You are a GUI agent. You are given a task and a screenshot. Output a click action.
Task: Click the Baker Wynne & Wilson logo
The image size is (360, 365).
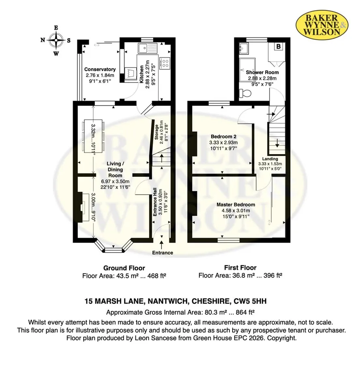point(322,25)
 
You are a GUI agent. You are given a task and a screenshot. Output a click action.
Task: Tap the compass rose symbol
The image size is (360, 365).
point(56,40)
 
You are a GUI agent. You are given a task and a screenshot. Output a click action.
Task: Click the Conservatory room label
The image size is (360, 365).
point(100,69)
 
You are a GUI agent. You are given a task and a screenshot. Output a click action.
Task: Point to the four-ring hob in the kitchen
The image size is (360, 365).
point(165,63)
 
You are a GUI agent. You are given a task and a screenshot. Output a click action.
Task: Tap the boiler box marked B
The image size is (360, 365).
point(279,47)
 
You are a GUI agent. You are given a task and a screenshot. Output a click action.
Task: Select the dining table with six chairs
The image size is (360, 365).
point(93,136)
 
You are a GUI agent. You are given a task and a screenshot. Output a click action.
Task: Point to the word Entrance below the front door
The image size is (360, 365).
point(163,253)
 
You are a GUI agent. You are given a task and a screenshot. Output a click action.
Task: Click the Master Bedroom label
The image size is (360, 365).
point(236,205)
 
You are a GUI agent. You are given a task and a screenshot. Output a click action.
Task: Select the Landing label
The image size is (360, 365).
point(270,159)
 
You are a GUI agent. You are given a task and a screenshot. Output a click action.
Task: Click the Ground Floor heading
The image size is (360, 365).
point(124,268)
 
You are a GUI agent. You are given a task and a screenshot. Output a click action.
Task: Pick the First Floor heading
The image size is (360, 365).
point(240,268)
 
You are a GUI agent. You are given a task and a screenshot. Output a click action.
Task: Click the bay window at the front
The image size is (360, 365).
point(114,247)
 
